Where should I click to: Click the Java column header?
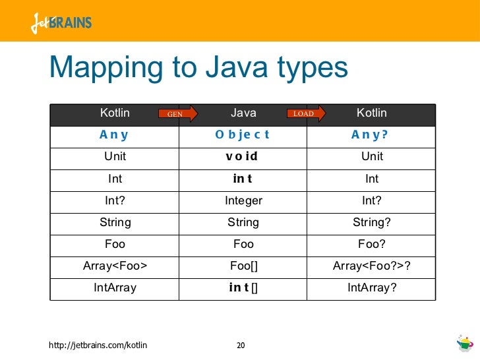click(x=243, y=113)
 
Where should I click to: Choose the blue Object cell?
click(x=243, y=135)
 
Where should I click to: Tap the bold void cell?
click(x=243, y=157)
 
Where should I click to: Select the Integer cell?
click(x=243, y=200)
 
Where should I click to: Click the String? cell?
click(x=372, y=222)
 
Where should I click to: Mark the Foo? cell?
click(x=372, y=244)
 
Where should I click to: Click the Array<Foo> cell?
click(x=115, y=266)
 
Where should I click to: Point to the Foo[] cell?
click(x=243, y=266)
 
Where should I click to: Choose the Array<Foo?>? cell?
click(x=372, y=266)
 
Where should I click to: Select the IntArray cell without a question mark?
click(x=115, y=287)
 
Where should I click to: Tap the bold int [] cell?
click(x=243, y=287)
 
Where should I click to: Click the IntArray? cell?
click(x=372, y=287)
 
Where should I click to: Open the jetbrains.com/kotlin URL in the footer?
click(x=99, y=345)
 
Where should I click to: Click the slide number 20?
click(x=241, y=345)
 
